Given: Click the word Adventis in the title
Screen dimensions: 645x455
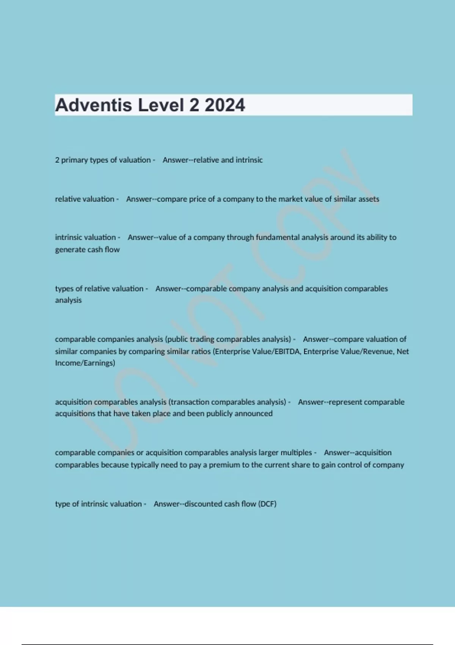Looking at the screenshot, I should pos(93,105).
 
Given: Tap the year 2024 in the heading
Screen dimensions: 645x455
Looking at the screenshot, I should pos(225,105).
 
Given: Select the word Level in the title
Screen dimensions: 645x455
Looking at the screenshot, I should pos(161,105).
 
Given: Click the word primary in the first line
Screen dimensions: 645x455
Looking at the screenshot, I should pos(74,160).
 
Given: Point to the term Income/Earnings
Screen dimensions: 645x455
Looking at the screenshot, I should pos(85,363).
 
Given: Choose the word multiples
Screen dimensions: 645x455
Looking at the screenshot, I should pos(296,453).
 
